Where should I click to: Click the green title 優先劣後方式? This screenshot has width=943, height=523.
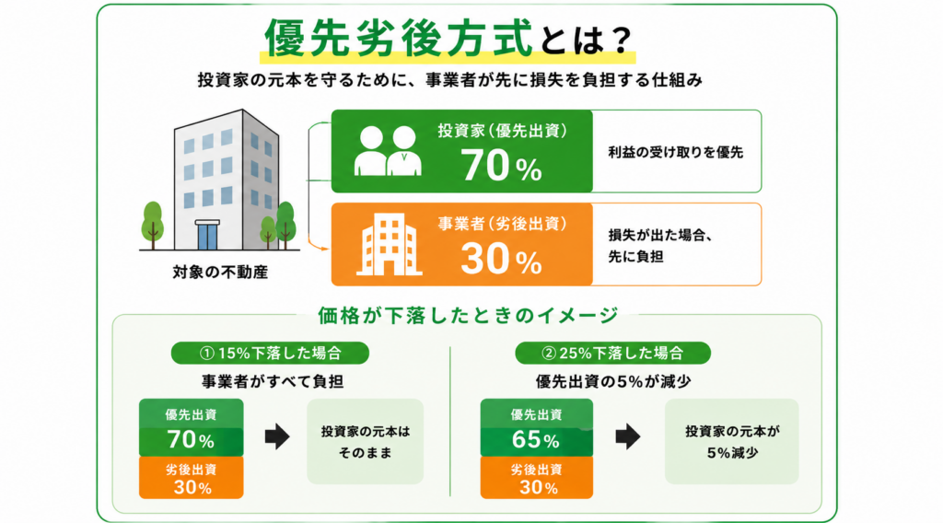[398, 37]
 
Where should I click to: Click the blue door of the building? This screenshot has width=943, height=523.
[207, 236]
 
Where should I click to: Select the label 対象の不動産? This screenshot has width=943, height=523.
[220, 273]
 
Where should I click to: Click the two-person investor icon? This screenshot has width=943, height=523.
[388, 151]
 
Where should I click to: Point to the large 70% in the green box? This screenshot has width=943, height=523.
[502, 166]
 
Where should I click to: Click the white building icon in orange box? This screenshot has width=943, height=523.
[389, 245]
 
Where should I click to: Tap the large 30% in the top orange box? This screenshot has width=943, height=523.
[502, 259]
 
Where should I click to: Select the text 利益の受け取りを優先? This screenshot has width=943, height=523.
[675, 153]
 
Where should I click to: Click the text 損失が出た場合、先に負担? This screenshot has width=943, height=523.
[660, 246]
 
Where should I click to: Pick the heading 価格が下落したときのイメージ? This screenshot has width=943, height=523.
[468, 315]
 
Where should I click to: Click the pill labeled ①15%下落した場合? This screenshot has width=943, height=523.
[270, 353]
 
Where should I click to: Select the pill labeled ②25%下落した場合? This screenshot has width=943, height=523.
[612, 353]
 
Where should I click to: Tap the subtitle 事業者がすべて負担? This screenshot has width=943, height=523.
[273, 382]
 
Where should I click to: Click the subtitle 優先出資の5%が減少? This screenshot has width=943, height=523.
[613, 382]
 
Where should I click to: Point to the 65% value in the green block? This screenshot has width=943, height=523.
[536, 440]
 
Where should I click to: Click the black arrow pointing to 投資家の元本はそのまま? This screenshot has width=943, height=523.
[277, 436]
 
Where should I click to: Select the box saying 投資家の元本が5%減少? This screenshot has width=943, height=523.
[732, 441]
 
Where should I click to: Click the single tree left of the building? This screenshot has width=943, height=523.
[152, 225]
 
